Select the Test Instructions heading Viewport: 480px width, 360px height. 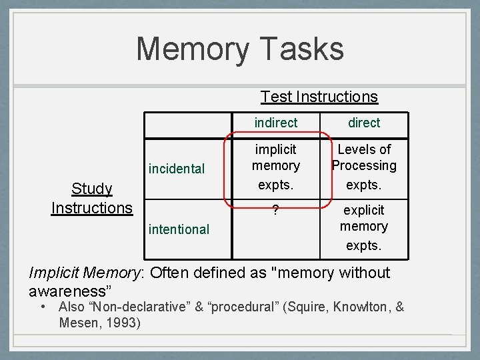click(319, 97)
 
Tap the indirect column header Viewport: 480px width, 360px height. click(276, 123)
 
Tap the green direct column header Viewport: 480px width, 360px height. click(364, 123)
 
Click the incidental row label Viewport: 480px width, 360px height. click(177, 169)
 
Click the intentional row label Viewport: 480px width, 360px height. click(179, 229)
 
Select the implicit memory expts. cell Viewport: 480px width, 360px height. click(276, 165)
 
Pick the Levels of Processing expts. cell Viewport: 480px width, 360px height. click(364, 165)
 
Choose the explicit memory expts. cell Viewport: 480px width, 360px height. click(364, 227)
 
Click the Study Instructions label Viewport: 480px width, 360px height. click(92, 199)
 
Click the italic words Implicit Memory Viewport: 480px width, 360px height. click(87, 273)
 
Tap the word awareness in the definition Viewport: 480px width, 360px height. click(67, 292)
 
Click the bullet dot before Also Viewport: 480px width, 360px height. click(43, 307)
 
